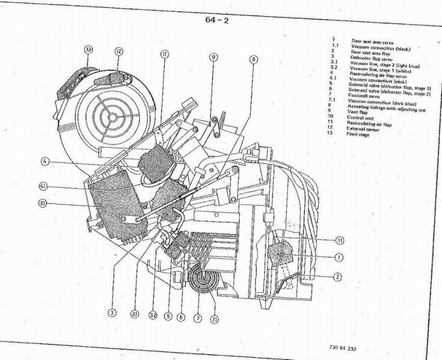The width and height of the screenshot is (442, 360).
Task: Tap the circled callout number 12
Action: (119, 52)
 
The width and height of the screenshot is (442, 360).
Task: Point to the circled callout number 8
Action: (253, 59)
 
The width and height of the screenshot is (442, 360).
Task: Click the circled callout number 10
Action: (43, 203)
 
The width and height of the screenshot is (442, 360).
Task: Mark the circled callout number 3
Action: (112, 312)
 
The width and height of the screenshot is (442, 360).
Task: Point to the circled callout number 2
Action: (338, 277)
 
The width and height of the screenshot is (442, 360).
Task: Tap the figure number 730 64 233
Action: (342, 348)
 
